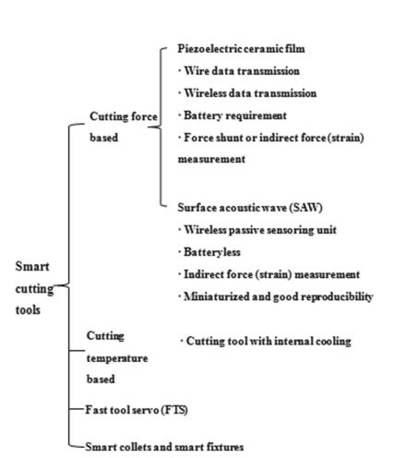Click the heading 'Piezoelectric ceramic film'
coord(241,49)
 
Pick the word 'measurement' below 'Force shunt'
coord(211,159)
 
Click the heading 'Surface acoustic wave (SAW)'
coord(250,208)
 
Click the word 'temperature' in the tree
coord(117,358)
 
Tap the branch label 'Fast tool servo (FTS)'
coord(137,410)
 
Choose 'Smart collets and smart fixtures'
coord(164,447)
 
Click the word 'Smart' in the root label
coord(32,267)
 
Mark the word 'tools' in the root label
coord(28,310)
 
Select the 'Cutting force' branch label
coord(124,116)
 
